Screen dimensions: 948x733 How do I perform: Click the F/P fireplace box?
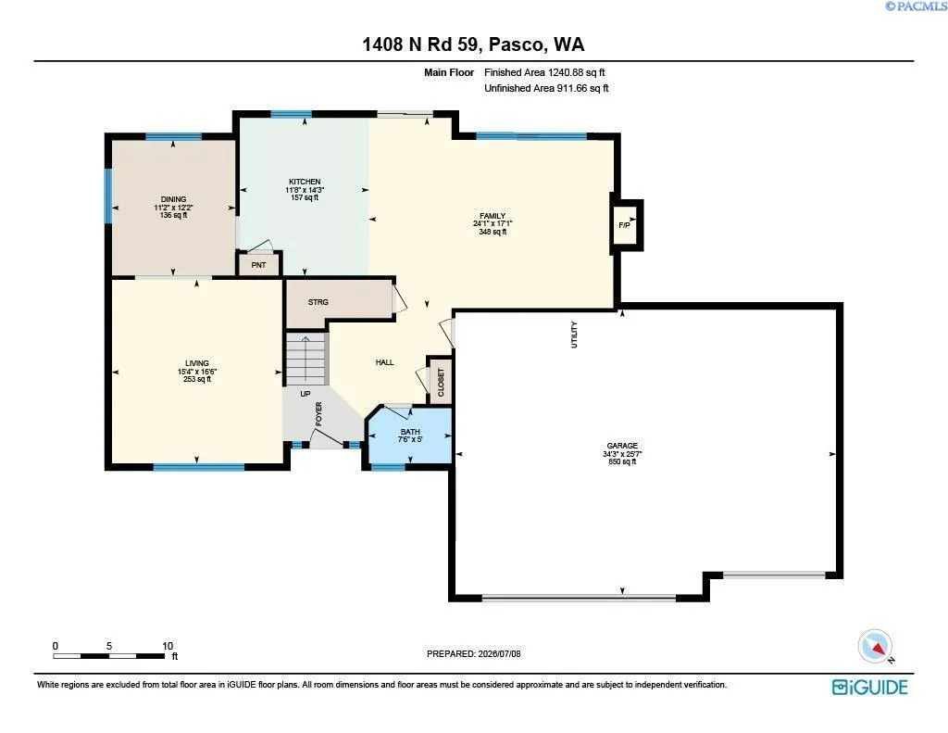pyautogui.click(x=626, y=225)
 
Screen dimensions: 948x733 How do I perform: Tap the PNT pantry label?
pyautogui.click(x=259, y=265)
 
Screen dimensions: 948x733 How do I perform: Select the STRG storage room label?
pyautogui.click(x=318, y=302)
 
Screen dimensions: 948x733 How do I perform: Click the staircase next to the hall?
pyautogui.click(x=306, y=359)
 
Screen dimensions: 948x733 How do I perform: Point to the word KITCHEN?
pyautogui.click(x=305, y=182)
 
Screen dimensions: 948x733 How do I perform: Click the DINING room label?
pyautogui.click(x=173, y=199)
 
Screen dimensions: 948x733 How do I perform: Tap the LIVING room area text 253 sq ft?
pyautogui.click(x=197, y=380)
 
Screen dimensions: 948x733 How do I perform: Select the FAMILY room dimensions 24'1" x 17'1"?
pyautogui.click(x=493, y=223)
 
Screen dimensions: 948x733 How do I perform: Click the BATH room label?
pyautogui.click(x=410, y=432)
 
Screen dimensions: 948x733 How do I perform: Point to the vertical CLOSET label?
pyautogui.click(x=441, y=383)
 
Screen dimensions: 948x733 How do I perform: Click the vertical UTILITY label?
pyautogui.click(x=574, y=335)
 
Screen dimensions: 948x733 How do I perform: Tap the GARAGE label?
pyautogui.click(x=622, y=446)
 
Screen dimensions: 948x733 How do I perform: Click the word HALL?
pyautogui.click(x=384, y=362)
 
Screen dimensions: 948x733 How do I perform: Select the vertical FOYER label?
pyautogui.click(x=318, y=413)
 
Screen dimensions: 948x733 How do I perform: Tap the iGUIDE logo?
pyautogui.click(x=869, y=687)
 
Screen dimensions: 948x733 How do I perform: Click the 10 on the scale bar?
pyautogui.click(x=168, y=646)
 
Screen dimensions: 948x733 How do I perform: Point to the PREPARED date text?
pyautogui.click(x=473, y=653)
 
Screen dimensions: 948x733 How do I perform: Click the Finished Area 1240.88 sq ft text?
pyautogui.click(x=544, y=72)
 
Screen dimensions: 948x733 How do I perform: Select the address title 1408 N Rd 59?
pyautogui.click(x=421, y=44)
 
